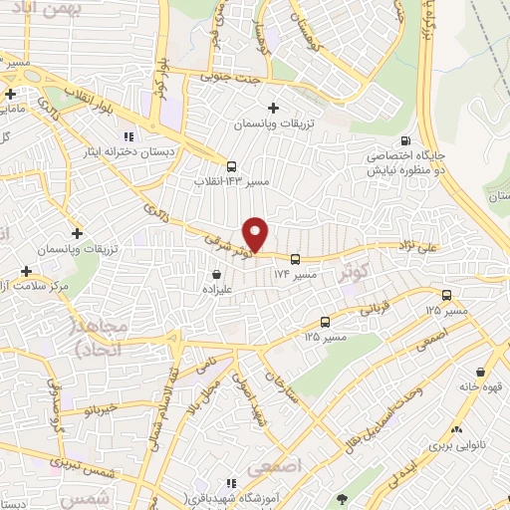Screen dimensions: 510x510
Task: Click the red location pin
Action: tap(257, 234)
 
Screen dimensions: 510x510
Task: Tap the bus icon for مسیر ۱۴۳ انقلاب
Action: tap(231, 166)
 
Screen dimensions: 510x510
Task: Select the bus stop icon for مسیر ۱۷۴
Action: tap(294, 259)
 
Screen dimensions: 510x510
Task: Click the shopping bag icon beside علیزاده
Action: tap(216, 273)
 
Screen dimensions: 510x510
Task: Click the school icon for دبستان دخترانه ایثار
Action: tap(127, 136)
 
